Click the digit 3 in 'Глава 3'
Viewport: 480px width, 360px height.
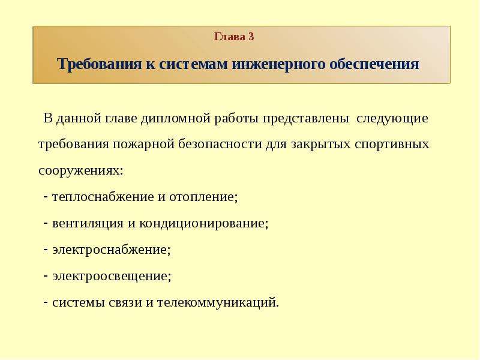point(251,37)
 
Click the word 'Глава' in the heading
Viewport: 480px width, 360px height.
point(230,37)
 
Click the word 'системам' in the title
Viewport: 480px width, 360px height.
point(193,64)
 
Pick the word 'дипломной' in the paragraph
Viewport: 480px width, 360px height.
point(176,118)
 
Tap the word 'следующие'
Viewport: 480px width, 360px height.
point(392,118)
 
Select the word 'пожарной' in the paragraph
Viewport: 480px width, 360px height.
point(143,144)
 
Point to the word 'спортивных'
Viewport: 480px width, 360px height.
point(392,144)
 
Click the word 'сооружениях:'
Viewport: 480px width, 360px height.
point(81,171)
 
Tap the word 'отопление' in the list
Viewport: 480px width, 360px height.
point(202,197)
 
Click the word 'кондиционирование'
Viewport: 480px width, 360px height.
point(202,223)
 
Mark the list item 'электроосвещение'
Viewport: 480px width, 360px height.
point(110,276)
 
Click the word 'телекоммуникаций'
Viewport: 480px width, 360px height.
point(217,302)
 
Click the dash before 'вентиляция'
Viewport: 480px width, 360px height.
point(46,223)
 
